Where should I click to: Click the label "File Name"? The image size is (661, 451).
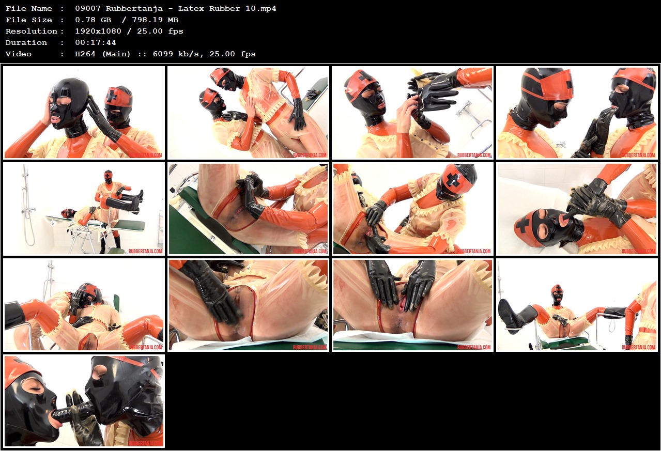pos(28,9)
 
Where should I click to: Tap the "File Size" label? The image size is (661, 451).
pos(28,20)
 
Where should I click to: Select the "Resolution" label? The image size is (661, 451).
pos(32,31)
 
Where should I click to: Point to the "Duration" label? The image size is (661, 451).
pos(26,42)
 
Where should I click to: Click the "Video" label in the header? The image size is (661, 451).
pos(18,54)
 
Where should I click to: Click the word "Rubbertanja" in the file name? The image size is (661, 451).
pos(134,9)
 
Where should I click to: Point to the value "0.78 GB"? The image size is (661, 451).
pos(93,20)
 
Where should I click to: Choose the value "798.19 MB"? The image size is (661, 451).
pos(155,20)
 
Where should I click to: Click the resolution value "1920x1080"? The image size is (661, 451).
pos(98,31)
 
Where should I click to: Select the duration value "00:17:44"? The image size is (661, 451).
pos(96,42)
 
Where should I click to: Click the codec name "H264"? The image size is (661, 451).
pos(85,54)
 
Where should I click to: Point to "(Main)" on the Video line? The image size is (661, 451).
pos(116,54)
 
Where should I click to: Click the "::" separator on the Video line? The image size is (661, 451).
pos(142,54)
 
